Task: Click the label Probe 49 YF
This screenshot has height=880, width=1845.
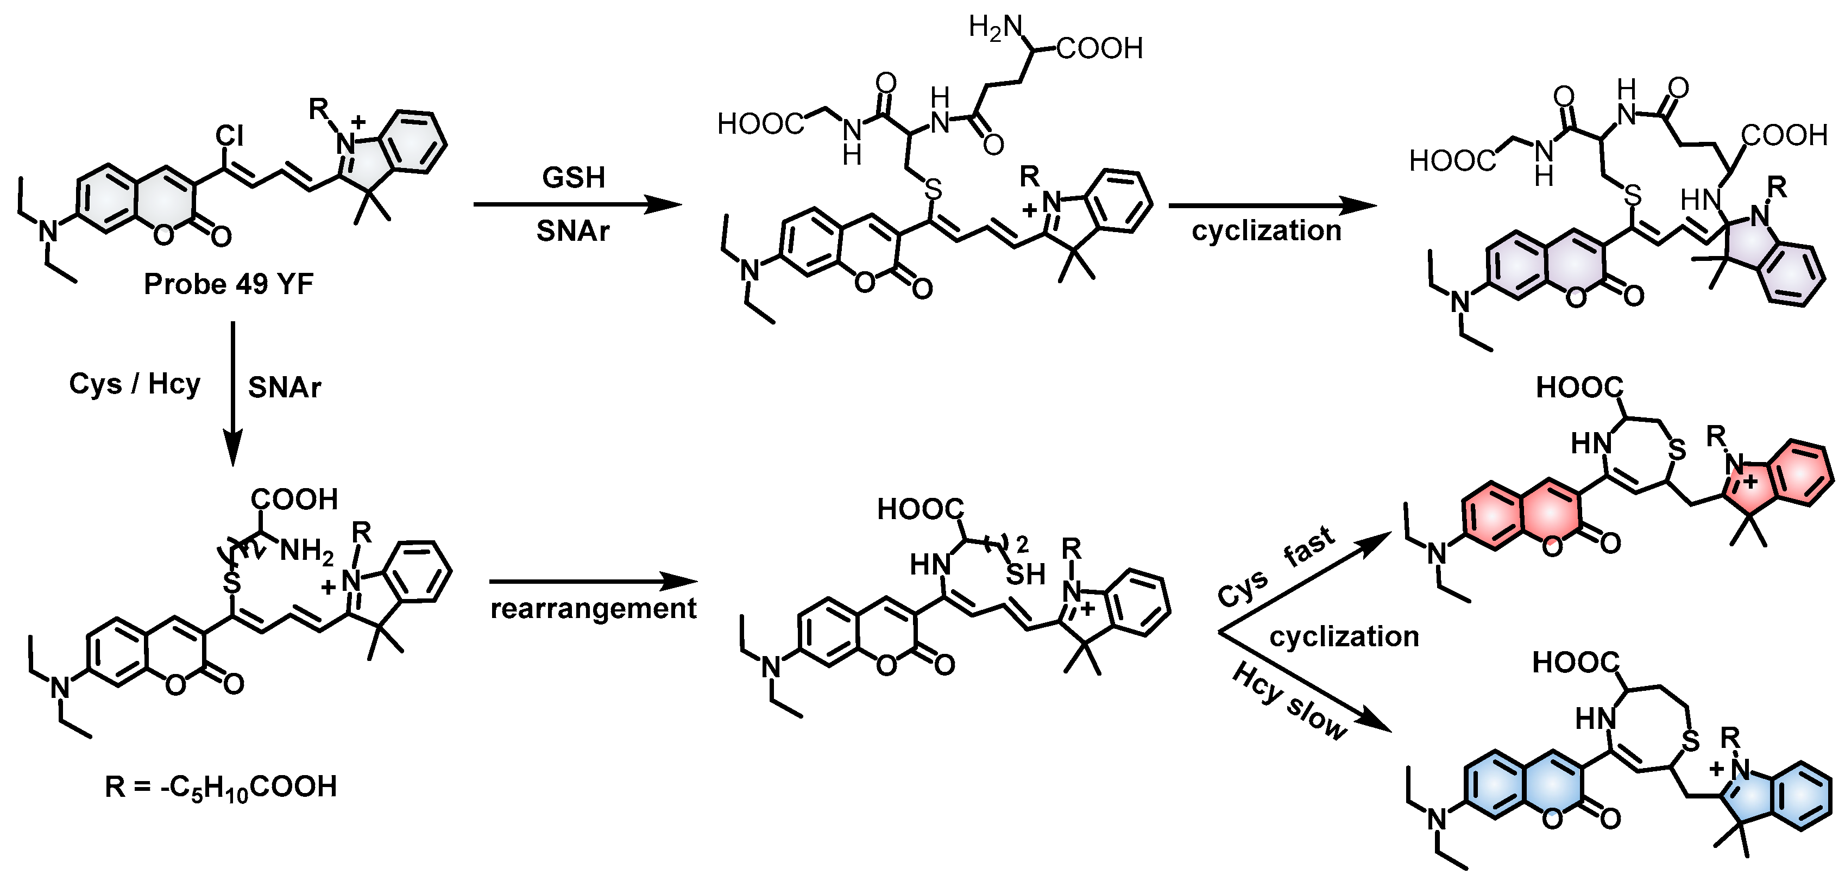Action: [x=229, y=284]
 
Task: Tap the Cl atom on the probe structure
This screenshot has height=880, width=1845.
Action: [x=230, y=135]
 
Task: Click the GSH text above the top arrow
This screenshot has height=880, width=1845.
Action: [x=573, y=178]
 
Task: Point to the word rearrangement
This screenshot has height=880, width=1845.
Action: [x=593, y=609]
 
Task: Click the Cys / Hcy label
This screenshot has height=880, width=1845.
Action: [x=135, y=384]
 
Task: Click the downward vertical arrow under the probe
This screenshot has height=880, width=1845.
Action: [x=233, y=394]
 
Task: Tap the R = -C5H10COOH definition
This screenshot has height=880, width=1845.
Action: [x=221, y=787]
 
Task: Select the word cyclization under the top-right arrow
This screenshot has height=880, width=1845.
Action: [x=1266, y=231]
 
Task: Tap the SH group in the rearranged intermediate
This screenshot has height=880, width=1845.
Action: [x=1025, y=575]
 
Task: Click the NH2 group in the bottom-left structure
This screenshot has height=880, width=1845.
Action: [x=306, y=551]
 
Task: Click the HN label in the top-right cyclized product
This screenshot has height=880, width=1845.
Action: [x=1699, y=200]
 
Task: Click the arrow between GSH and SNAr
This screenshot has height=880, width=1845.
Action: [x=577, y=205]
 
